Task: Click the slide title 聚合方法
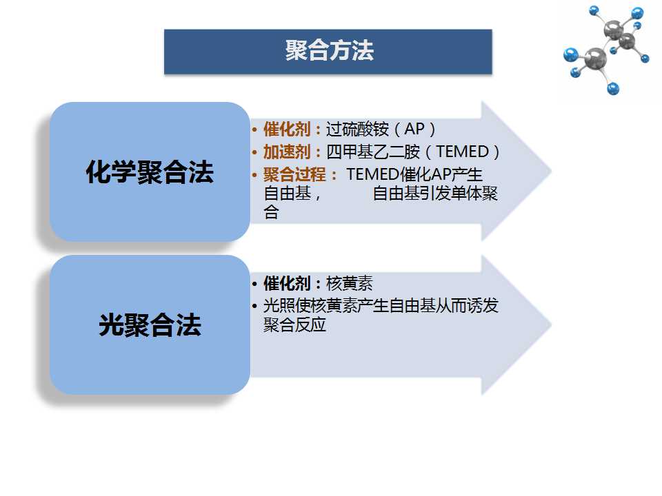click(x=330, y=50)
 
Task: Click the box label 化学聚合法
click(x=150, y=172)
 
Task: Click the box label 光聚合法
click(x=150, y=324)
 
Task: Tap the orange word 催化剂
click(x=287, y=129)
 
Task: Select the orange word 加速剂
click(x=287, y=152)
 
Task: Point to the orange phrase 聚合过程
click(x=294, y=174)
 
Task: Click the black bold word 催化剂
click(x=287, y=283)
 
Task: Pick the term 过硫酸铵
click(x=357, y=129)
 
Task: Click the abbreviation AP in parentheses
click(x=414, y=129)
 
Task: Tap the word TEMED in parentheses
click(x=462, y=152)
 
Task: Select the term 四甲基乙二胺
click(x=373, y=152)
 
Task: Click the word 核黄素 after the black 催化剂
click(x=350, y=283)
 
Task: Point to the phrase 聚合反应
click(x=294, y=324)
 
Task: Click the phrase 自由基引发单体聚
click(x=435, y=193)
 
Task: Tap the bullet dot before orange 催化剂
click(x=254, y=130)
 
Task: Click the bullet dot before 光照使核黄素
click(x=254, y=306)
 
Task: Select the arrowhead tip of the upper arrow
click(x=552, y=172)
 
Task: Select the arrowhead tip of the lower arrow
click(x=552, y=324)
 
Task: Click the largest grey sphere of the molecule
click(x=595, y=58)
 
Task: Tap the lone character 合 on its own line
click(x=271, y=211)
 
